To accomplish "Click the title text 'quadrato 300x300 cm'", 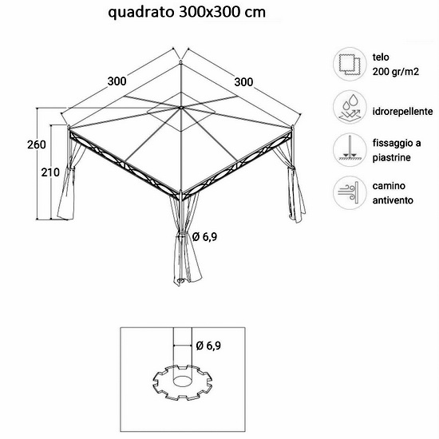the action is [x=187, y=13].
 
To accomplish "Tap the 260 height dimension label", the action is [x=37, y=144].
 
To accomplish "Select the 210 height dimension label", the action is [x=50, y=172].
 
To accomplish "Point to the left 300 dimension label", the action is [x=117, y=81].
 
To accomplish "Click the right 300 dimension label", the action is [x=243, y=82].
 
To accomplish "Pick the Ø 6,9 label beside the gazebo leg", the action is [x=204, y=237].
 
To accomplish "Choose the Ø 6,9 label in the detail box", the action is [x=208, y=346].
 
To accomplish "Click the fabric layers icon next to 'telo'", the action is [x=350, y=65].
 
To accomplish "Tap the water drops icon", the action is [x=350, y=107].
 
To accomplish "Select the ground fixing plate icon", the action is [x=350, y=150].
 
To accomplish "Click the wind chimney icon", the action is [x=350, y=192].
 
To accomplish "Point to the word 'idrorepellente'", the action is [x=402, y=112].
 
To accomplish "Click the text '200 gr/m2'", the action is [x=396, y=72].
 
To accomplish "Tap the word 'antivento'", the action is [x=393, y=200].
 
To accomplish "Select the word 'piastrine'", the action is [x=391, y=157].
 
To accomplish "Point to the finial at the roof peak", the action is [x=181, y=61].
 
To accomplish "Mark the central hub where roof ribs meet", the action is [x=181, y=108].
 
